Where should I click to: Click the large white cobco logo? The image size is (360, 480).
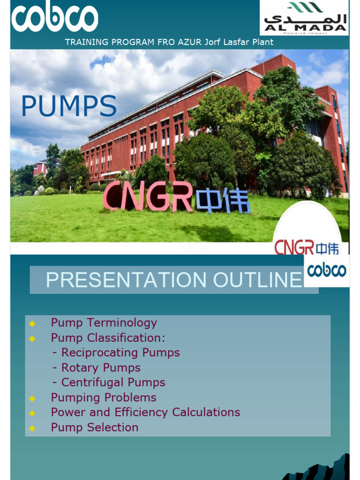tap(54, 19)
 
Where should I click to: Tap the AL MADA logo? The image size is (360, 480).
tap(304, 18)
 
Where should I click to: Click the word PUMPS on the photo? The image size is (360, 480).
tap(69, 106)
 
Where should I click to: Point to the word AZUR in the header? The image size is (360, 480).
tap(190, 42)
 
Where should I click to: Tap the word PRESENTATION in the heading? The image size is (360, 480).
tap(126, 280)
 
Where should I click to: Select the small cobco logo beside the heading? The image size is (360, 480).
tap(327, 270)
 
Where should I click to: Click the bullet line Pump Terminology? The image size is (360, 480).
tap(104, 322)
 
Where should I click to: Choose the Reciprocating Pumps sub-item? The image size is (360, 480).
tap(116, 352)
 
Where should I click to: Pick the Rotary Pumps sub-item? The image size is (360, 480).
tap(97, 367)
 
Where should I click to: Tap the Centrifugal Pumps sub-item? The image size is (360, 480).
tap(109, 382)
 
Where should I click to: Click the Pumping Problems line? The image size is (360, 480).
tap(104, 397)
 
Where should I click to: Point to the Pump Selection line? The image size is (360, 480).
tap(95, 427)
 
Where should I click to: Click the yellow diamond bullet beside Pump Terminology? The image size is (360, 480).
tap(32, 323)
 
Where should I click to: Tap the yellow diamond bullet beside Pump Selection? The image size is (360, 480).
tap(32, 428)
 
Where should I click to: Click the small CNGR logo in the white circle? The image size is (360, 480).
tap(306, 247)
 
